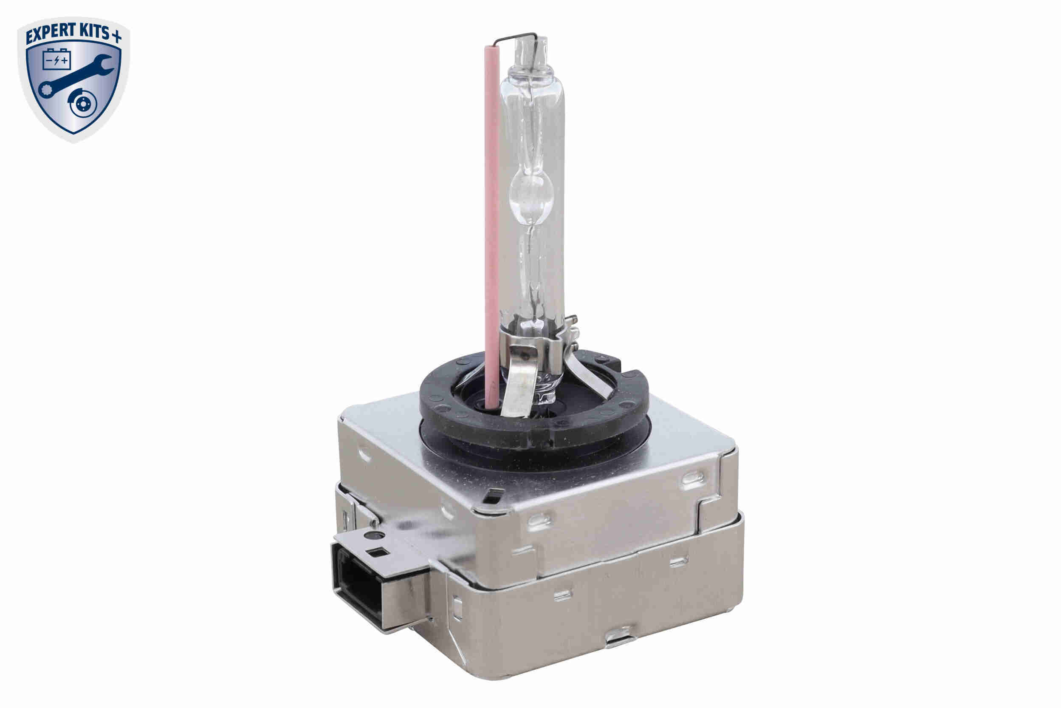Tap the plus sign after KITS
116,37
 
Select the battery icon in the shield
57,59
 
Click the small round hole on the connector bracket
374,536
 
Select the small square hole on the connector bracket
375,552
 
